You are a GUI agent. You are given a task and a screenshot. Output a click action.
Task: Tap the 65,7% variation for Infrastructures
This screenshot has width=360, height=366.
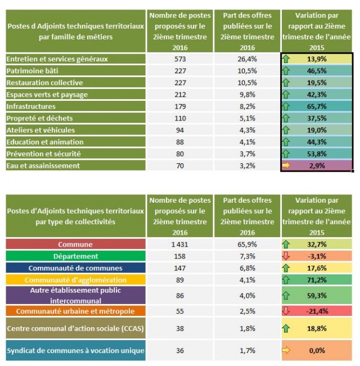tap(317, 106)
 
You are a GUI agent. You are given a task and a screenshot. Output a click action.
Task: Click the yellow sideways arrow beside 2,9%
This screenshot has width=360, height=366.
tap(287, 166)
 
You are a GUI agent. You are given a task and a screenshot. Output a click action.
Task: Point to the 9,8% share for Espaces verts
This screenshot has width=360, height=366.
tap(247, 95)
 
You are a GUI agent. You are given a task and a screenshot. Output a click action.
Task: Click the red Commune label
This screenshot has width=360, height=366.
tap(75, 244)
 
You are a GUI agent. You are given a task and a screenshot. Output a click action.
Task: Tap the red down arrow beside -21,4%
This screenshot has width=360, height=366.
tap(287, 311)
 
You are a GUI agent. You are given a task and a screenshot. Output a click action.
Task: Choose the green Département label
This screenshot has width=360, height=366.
tap(75, 256)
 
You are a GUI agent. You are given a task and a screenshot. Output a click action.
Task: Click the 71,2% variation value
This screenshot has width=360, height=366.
tap(317, 280)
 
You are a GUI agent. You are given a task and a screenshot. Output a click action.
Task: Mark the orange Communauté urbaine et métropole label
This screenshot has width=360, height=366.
tap(75, 311)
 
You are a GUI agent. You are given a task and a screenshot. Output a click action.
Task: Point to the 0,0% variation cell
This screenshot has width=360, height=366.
tap(317, 351)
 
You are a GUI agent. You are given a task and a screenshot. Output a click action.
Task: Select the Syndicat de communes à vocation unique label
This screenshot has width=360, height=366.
tap(75, 351)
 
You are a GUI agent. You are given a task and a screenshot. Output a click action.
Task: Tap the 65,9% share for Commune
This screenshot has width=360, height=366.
tap(247, 244)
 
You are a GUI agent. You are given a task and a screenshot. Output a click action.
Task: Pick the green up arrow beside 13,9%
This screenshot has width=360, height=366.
tap(287, 59)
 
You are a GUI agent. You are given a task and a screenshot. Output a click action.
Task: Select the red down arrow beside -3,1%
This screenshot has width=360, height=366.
tap(287, 256)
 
